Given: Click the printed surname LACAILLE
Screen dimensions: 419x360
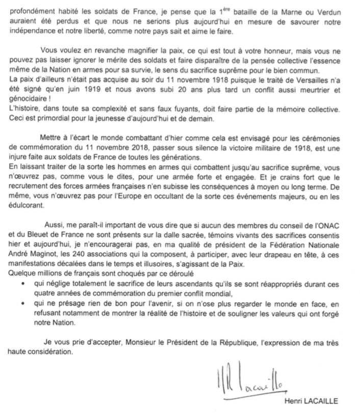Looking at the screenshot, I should (321, 400).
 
